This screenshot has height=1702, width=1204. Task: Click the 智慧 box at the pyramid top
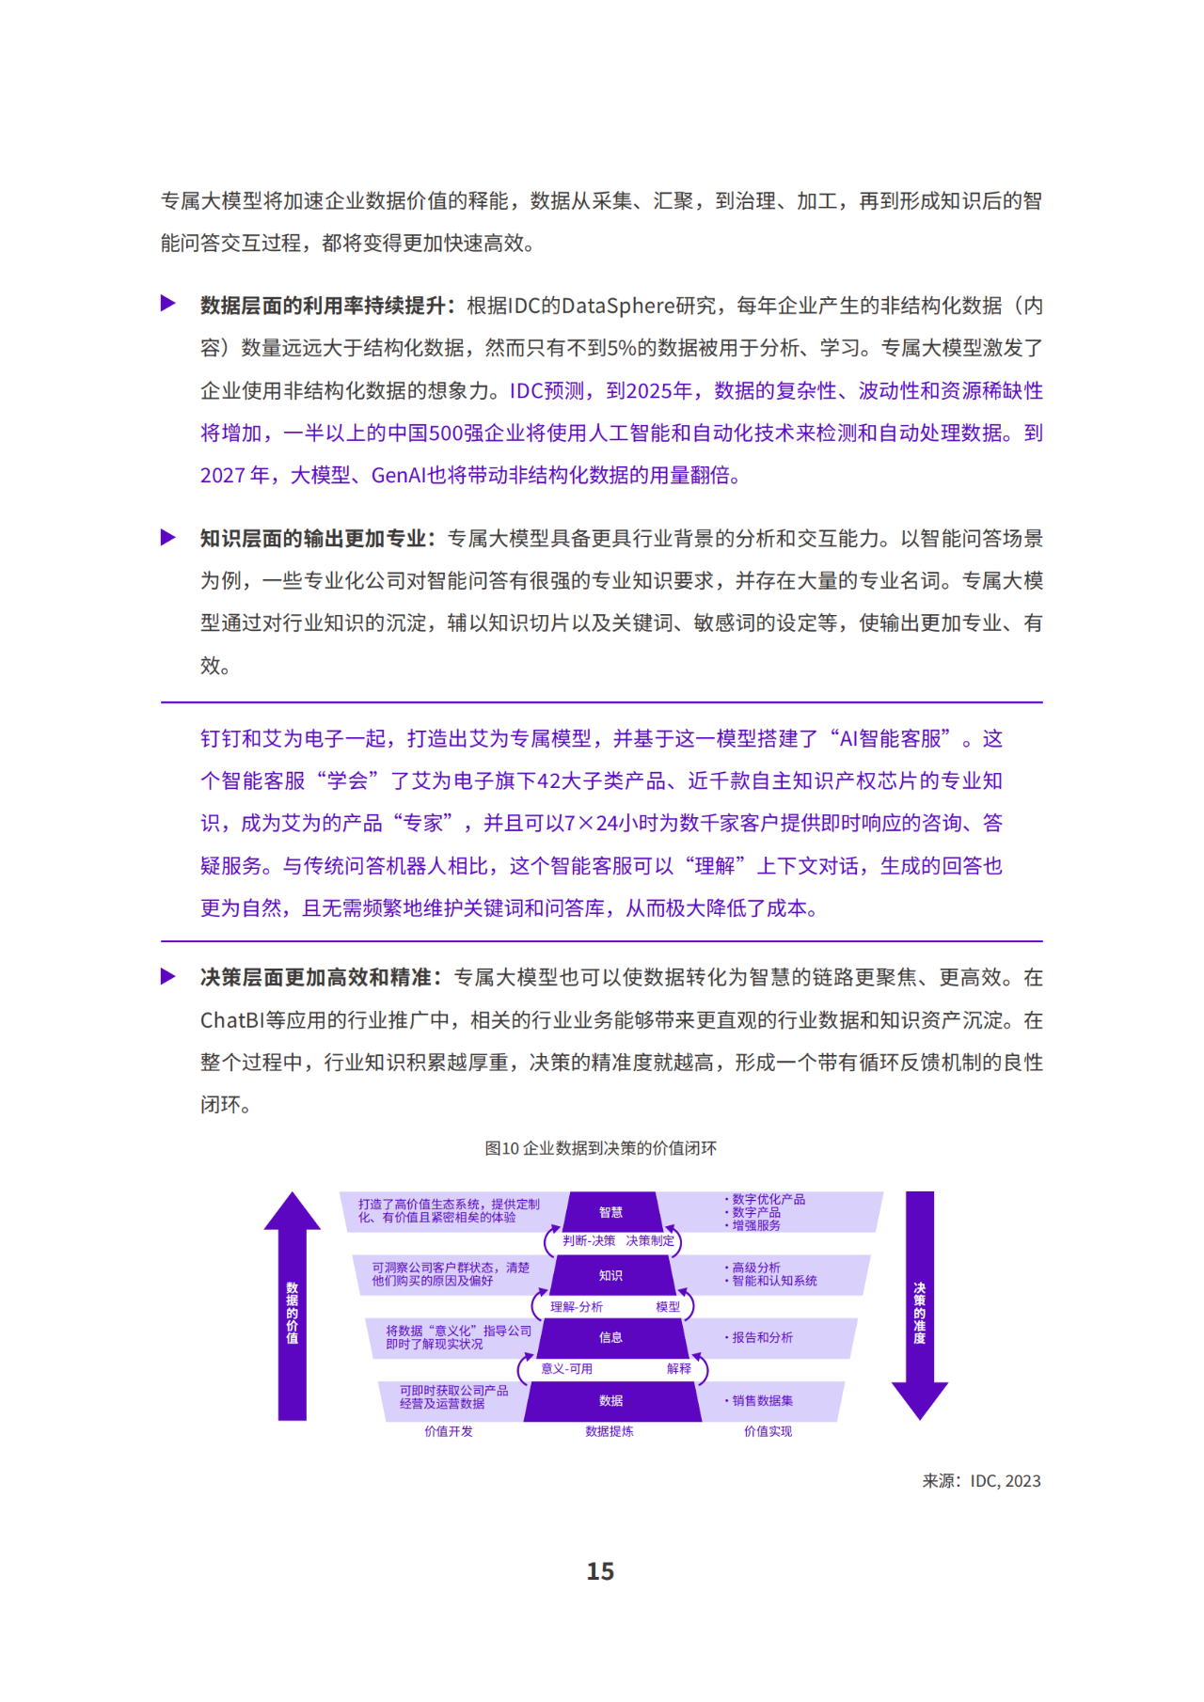pos(611,1212)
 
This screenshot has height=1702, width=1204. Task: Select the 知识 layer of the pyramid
pos(611,1275)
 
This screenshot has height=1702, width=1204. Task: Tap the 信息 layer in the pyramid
pos(611,1337)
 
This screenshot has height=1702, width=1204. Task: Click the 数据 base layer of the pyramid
pos(611,1401)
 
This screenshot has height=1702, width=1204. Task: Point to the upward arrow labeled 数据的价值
pos(293,1305)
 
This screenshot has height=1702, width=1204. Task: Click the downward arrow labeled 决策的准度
pos(920,1305)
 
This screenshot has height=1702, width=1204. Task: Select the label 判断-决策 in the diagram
pos(589,1241)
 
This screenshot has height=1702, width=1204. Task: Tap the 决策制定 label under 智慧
pos(650,1241)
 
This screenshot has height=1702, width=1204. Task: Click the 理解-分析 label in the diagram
pos(577,1307)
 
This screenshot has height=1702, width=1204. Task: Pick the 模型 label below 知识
pos(668,1307)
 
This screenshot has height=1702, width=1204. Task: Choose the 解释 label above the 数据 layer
pos(679,1369)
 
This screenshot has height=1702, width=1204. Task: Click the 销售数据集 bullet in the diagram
pos(759,1401)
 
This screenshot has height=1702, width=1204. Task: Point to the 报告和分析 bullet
pos(759,1337)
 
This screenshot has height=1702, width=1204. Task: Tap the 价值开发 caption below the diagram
pos(449,1431)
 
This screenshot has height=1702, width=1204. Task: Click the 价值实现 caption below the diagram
pos(768,1431)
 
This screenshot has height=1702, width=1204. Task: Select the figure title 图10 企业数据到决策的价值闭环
pos(601,1148)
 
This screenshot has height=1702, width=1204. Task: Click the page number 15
pos(600,1571)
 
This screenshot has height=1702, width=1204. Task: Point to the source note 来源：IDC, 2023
pos(981,1481)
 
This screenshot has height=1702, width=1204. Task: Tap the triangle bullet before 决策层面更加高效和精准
pos(168,977)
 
